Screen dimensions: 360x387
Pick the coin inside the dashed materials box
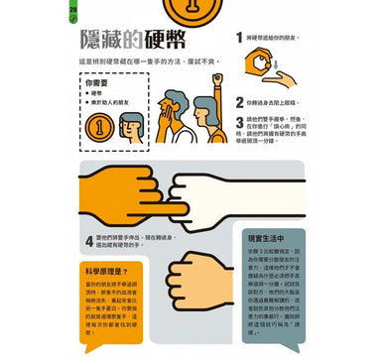[x=100, y=129]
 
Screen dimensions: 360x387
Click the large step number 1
[x=240, y=38]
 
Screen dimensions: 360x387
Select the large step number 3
[x=240, y=123]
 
